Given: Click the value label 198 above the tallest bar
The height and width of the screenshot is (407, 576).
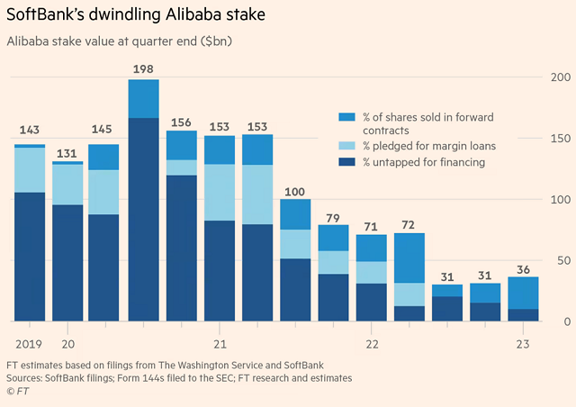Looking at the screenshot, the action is [x=143, y=68].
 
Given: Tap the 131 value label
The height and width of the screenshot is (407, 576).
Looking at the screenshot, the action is [x=67, y=153].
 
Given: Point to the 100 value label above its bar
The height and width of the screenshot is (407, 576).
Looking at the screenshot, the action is [x=294, y=192].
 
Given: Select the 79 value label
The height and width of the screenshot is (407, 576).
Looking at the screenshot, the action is [x=333, y=218].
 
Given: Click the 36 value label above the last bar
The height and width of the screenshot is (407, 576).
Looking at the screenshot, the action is [x=523, y=269].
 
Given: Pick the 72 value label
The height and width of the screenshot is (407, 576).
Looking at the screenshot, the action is [x=408, y=224].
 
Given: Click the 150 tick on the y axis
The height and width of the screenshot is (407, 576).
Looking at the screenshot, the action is [x=561, y=139].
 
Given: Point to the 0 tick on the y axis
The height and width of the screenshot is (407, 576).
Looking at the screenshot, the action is [x=567, y=321].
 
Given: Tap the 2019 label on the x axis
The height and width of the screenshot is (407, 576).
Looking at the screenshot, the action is [x=29, y=344].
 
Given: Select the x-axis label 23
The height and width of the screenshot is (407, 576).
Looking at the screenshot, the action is [x=523, y=344].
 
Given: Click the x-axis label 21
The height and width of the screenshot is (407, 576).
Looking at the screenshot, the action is [x=220, y=344].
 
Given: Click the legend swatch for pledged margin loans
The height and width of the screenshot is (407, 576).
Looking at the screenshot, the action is [x=346, y=146].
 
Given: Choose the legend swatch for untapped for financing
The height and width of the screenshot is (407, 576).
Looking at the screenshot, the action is [x=346, y=162].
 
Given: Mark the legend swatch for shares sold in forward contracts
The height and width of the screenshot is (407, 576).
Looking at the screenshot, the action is [x=346, y=117].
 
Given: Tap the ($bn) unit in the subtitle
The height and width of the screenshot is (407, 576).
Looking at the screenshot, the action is [x=216, y=41].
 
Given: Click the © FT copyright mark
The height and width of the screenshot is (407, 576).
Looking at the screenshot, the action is [x=18, y=391].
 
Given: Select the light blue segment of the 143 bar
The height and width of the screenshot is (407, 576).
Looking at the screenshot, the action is [x=30, y=170].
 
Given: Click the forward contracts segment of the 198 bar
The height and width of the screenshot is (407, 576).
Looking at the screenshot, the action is [x=144, y=99].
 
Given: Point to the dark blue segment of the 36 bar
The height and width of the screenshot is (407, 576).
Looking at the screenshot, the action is [x=523, y=315].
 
